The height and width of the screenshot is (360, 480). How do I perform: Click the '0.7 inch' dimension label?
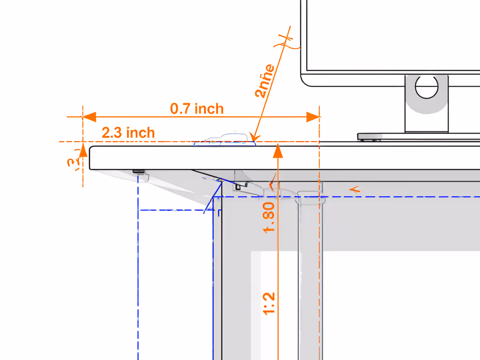(x=197, y=109)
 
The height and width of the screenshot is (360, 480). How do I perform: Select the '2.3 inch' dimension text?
(x=128, y=133)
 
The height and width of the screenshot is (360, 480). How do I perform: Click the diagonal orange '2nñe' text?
(x=265, y=81)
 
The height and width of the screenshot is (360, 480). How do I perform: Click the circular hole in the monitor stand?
(x=426, y=87)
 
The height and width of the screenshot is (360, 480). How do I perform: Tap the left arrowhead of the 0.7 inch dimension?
(x=89, y=117)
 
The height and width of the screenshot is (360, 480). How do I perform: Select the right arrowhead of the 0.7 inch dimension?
(x=313, y=117)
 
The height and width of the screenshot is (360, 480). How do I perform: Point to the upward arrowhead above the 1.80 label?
(x=278, y=151)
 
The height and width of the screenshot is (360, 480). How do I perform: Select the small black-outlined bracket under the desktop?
(x=240, y=186)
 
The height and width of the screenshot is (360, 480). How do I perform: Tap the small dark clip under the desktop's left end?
(x=139, y=171)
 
